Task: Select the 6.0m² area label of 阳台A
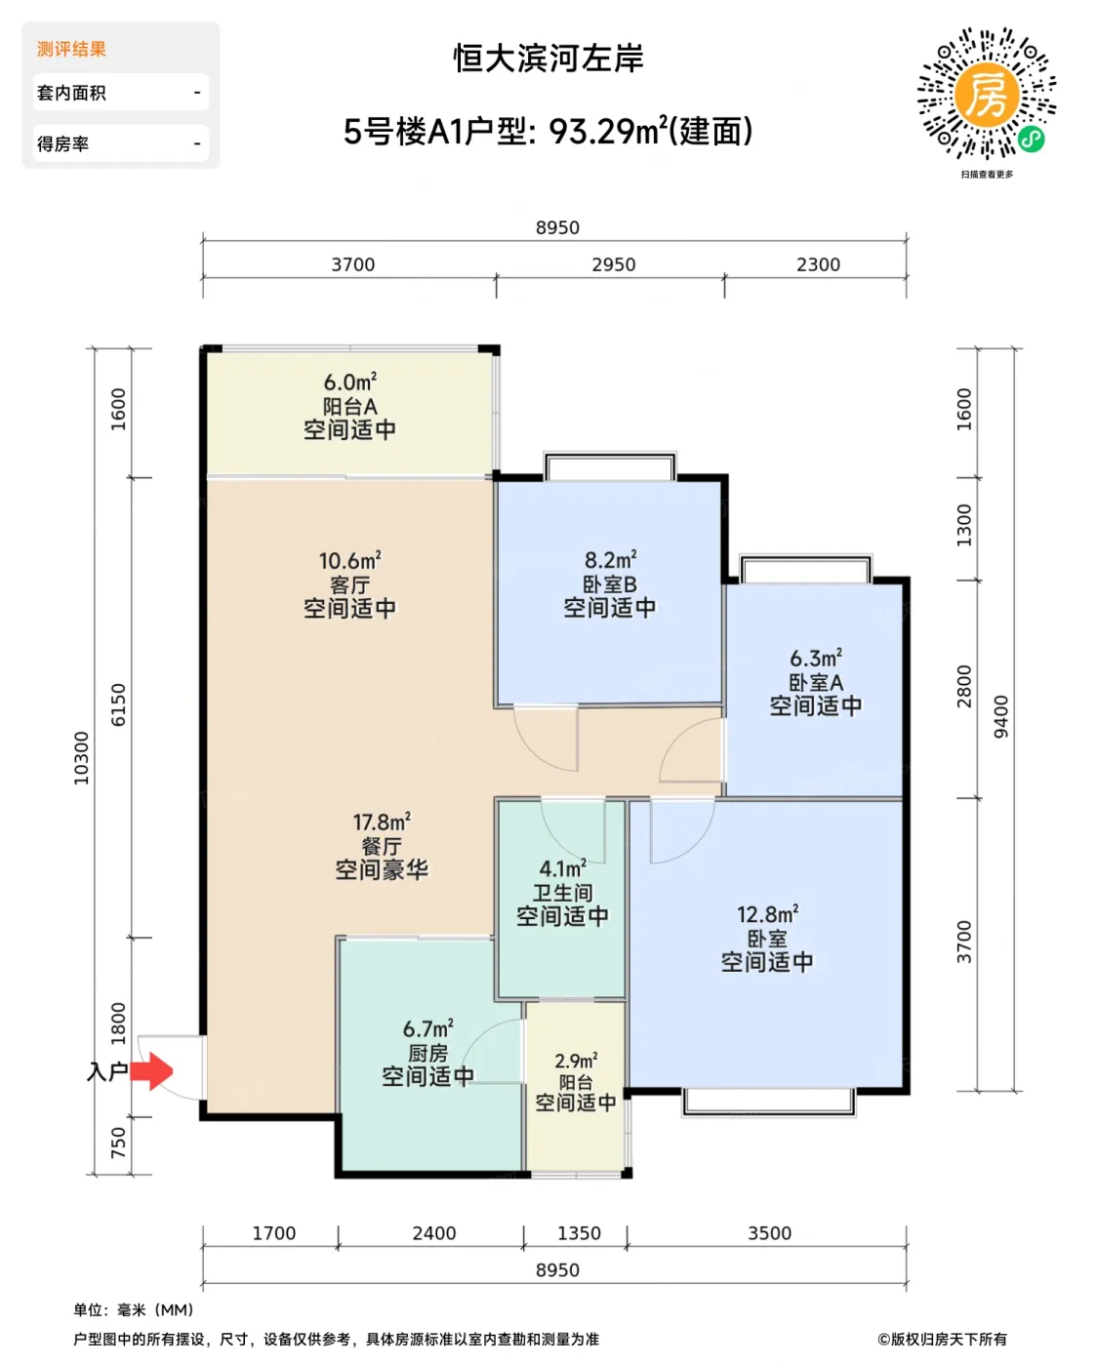pos(349,382)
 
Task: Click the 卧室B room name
pos(609,584)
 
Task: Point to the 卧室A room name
pos(816,682)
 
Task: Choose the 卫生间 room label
pos(562,893)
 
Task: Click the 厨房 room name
pos(427,1053)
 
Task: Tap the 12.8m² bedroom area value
pos(767,914)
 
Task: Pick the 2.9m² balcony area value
pos(576,1061)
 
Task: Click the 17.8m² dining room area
pos(382,823)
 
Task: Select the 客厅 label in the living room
pos(349,584)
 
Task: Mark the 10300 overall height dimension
pos(81,758)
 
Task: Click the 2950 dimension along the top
pos(613,264)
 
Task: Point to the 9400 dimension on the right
pos(1000,716)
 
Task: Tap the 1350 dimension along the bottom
pos(579,1233)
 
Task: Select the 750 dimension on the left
pos(118,1142)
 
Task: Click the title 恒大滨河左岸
pos(548,59)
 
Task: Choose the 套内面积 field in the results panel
pos(121,93)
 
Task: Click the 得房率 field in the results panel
pos(121,143)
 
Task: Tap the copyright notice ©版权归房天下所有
pos(942,1340)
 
